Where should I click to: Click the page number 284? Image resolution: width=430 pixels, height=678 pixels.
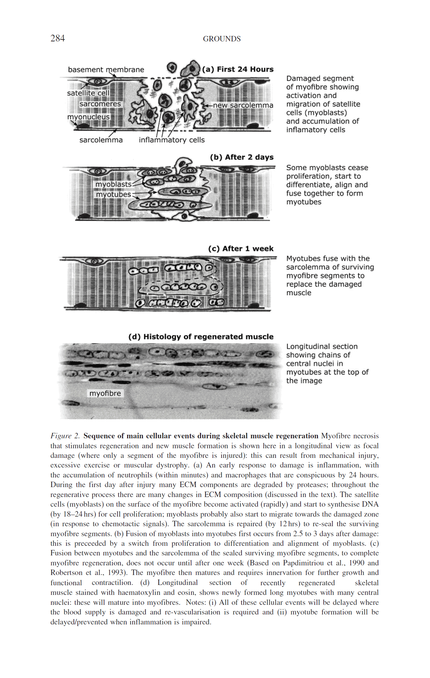click(57, 39)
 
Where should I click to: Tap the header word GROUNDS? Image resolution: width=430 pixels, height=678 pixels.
click(222, 39)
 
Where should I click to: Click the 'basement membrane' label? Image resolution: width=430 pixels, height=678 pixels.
click(106, 70)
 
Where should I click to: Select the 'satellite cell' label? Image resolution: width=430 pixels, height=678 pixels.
click(88, 93)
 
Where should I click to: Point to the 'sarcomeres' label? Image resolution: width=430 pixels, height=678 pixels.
click(100, 104)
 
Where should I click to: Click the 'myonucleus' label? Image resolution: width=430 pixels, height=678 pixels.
click(89, 117)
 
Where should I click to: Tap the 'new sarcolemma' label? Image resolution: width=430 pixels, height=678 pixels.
click(243, 105)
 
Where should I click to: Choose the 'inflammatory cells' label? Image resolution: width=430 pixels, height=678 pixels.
click(171, 140)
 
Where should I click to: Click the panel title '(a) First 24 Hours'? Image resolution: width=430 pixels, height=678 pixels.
click(238, 69)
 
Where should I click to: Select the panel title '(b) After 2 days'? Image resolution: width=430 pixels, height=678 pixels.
click(242, 157)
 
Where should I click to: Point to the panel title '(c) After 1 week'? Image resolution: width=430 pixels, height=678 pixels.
click(241, 249)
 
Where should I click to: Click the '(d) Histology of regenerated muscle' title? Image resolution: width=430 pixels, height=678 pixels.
click(201, 337)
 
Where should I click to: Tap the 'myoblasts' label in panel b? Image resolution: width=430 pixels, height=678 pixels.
click(113, 184)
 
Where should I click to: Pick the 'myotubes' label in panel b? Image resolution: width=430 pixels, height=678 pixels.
click(113, 194)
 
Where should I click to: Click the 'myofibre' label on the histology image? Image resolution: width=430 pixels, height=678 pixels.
click(105, 393)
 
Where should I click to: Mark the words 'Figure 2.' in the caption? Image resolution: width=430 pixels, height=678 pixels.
click(65, 436)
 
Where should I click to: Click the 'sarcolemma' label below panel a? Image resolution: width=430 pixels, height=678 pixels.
click(101, 140)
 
